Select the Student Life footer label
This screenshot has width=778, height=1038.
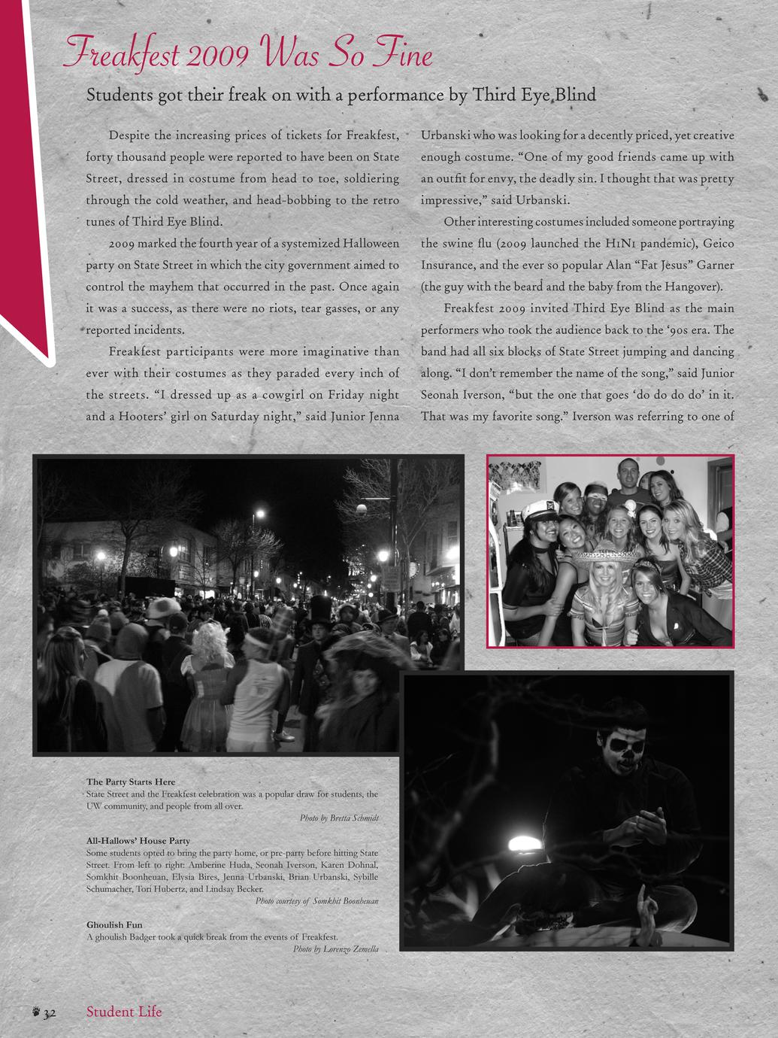click(124, 1012)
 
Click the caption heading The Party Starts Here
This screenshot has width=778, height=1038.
click(131, 782)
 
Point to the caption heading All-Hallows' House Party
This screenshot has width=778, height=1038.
click(138, 840)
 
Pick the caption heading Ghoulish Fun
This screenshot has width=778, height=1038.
click(114, 924)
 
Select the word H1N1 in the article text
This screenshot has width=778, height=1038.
click(621, 244)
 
